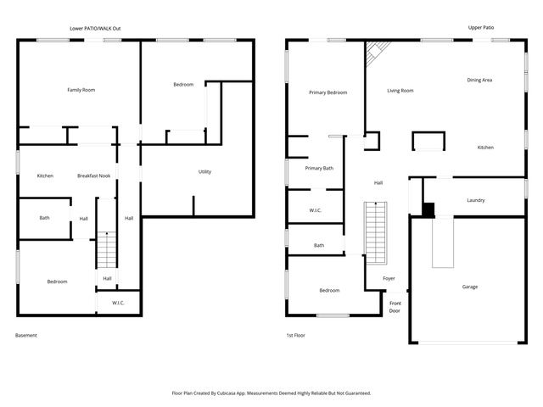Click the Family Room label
(x=81, y=90)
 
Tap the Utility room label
(x=204, y=172)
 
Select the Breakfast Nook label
(x=93, y=176)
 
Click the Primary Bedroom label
(x=327, y=92)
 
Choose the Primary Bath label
(x=319, y=168)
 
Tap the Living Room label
(x=400, y=90)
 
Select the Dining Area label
(x=479, y=80)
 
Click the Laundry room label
(x=475, y=201)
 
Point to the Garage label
(x=469, y=287)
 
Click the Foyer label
(x=389, y=278)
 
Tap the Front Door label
(x=395, y=307)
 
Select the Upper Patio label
(x=481, y=28)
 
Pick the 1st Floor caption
(x=295, y=336)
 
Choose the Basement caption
(x=26, y=336)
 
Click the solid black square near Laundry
(x=428, y=209)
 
